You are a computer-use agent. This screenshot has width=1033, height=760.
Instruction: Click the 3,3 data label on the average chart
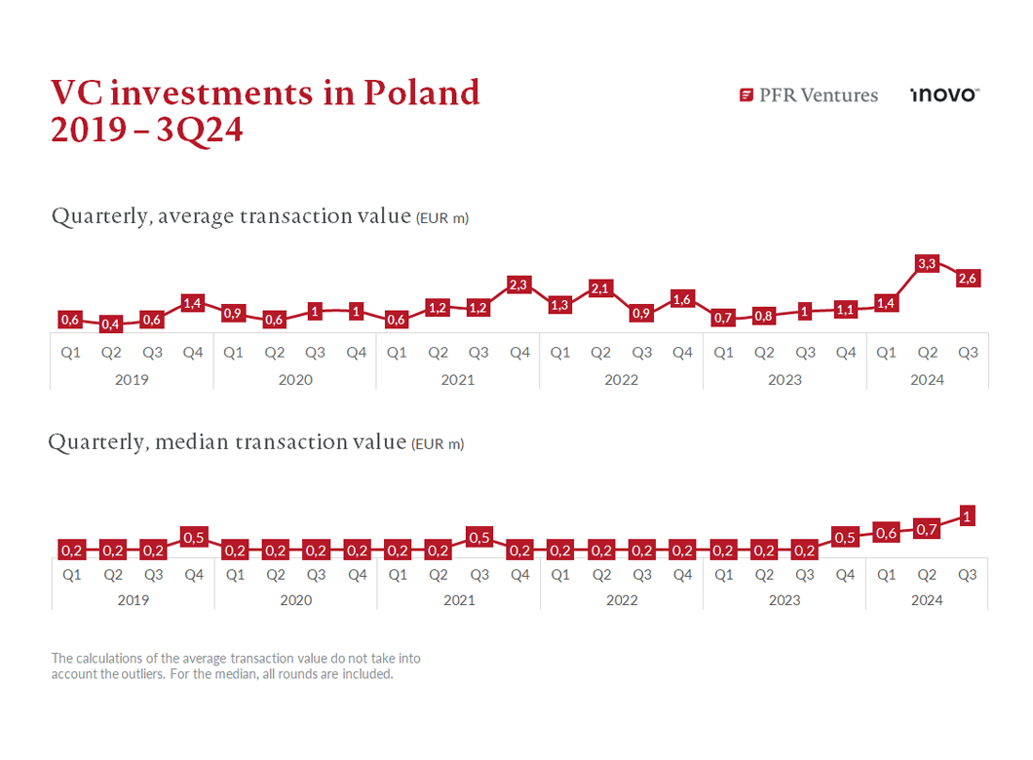(x=927, y=263)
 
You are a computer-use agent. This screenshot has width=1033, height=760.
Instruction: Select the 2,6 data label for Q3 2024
(x=968, y=279)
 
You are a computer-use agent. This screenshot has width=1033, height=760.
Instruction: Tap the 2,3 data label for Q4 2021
(x=518, y=285)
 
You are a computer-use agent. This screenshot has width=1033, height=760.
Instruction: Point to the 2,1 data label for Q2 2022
(x=600, y=288)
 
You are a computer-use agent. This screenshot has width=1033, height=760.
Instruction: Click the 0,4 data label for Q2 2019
(x=110, y=324)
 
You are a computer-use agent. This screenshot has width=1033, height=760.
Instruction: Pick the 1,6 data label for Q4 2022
(x=681, y=299)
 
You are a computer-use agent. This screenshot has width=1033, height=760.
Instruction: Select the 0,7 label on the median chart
(x=927, y=529)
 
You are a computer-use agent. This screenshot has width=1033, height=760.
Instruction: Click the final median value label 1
(x=968, y=516)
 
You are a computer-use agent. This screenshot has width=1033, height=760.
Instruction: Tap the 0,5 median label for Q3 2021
(x=478, y=537)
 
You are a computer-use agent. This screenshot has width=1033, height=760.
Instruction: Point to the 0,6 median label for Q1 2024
(x=886, y=533)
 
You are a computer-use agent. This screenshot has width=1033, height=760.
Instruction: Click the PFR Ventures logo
(x=809, y=95)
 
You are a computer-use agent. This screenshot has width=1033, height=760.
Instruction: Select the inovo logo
(x=943, y=95)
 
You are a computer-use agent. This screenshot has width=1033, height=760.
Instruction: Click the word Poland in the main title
(x=422, y=93)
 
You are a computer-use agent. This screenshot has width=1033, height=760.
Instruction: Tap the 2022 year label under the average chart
(x=621, y=379)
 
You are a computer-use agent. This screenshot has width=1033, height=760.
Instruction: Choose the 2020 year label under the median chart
(x=295, y=600)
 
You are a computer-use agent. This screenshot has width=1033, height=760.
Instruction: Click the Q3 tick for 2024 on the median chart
(x=968, y=575)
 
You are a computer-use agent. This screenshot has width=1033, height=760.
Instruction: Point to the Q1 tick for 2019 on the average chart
(x=70, y=353)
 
